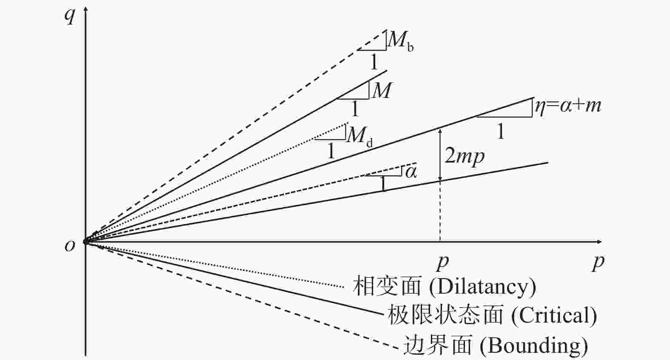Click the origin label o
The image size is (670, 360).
coord(70,246)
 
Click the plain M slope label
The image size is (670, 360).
coord(381,90)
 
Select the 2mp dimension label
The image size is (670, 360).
coord(464,156)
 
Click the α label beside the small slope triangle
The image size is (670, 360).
coord(411,172)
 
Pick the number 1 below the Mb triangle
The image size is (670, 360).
coord(374,62)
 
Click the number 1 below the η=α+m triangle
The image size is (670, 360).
coord(500,131)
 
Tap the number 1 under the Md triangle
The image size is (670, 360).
coord(331,151)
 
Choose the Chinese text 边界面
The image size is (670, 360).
coord(438,345)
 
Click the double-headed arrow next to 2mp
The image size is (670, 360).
coord(440,154)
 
